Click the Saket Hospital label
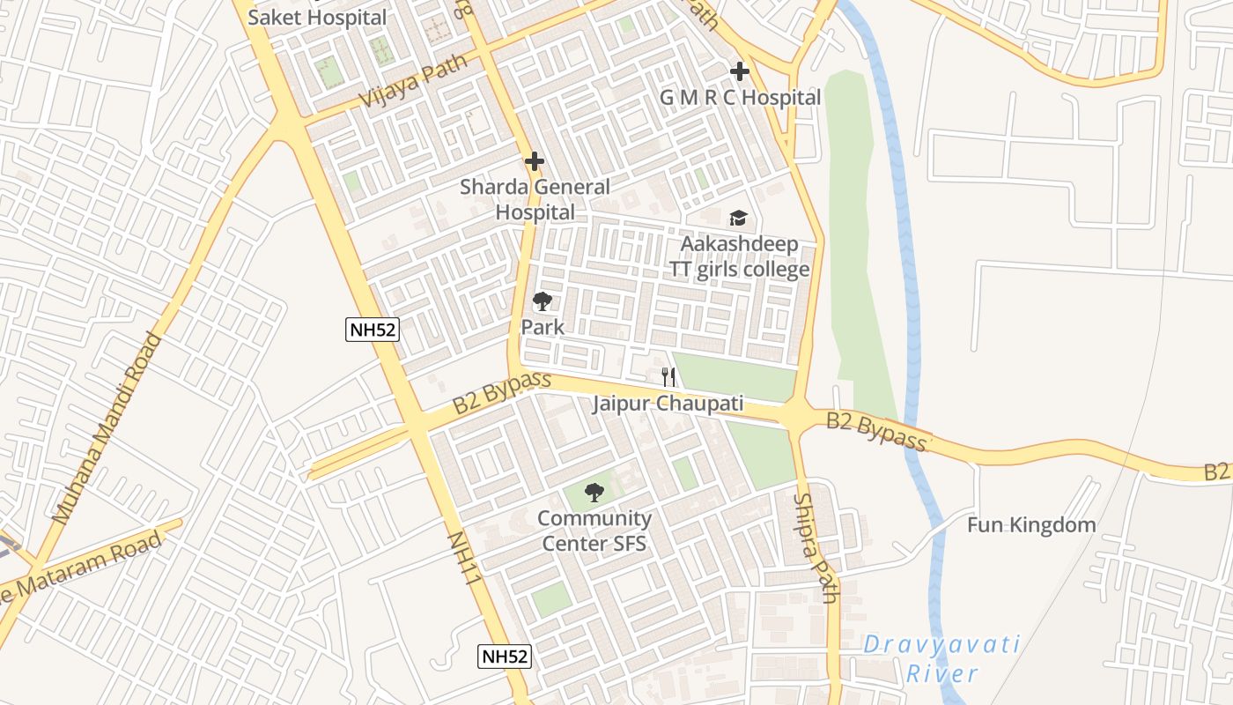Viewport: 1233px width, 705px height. [317, 17]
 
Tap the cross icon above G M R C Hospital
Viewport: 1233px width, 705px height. [739, 71]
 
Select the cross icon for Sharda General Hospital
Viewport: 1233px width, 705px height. [534, 162]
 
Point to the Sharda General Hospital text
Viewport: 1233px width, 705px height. [535, 199]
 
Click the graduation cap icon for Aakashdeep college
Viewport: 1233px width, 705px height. [738, 218]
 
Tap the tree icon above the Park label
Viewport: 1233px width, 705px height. [543, 301]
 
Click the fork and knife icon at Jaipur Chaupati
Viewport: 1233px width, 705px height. [668, 377]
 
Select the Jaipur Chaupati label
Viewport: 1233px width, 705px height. [668, 404]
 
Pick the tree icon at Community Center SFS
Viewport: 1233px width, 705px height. [594, 493]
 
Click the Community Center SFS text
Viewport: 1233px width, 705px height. [594, 531]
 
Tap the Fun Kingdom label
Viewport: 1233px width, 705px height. [1031, 525]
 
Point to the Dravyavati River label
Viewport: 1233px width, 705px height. [941, 659]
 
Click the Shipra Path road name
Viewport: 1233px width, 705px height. [816, 547]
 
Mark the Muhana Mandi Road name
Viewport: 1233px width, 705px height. [107, 429]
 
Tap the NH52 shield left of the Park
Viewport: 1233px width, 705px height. [373, 330]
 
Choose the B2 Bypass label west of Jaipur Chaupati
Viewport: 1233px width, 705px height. [502, 393]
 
